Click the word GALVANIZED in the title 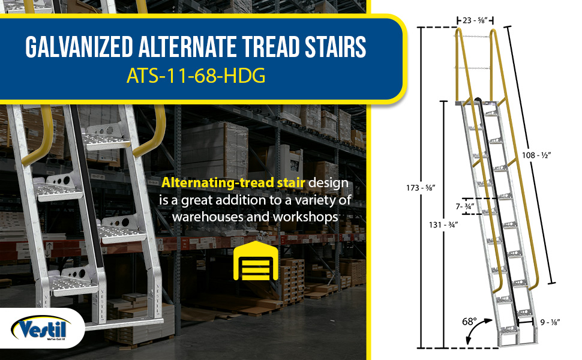tap(79, 47)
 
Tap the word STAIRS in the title tap(335, 47)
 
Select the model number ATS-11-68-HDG tap(196, 76)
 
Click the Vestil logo tap(41, 328)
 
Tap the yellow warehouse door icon tap(256, 260)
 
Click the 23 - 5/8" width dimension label tap(475, 20)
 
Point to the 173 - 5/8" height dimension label tap(421, 188)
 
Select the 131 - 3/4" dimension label tap(443, 224)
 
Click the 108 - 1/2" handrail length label tap(536, 155)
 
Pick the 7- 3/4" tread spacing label tap(465, 206)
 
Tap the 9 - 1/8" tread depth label tap(550, 322)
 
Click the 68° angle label tap(470, 322)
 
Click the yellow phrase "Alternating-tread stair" tap(233, 182)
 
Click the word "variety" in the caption tap(316, 200)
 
